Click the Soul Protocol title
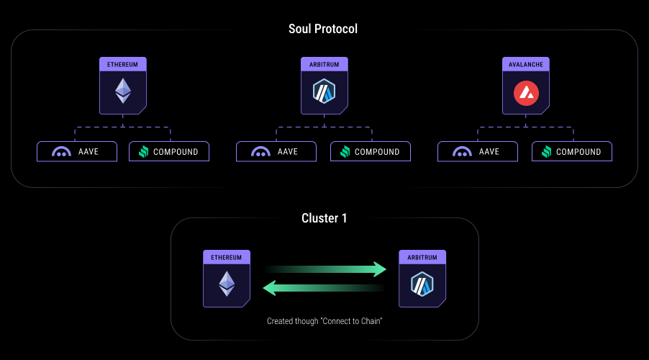click(323, 30)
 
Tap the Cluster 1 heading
click(324, 218)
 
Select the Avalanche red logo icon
click(525, 92)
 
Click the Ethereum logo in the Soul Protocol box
click(123, 90)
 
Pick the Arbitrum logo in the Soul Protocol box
click(324, 91)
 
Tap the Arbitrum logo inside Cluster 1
click(422, 284)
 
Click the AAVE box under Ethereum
click(77, 152)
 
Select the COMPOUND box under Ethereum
click(169, 152)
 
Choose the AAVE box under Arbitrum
click(277, 152)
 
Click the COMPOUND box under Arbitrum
click(371, 152)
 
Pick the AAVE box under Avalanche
click(478, 152)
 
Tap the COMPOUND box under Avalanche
click(572, 152)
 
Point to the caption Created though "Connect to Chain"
click(324, 321)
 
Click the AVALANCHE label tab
click(525, 64)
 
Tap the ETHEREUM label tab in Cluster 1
click(227, 256)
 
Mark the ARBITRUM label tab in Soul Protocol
click(324, 64)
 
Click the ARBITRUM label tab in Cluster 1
click(422, 256)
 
